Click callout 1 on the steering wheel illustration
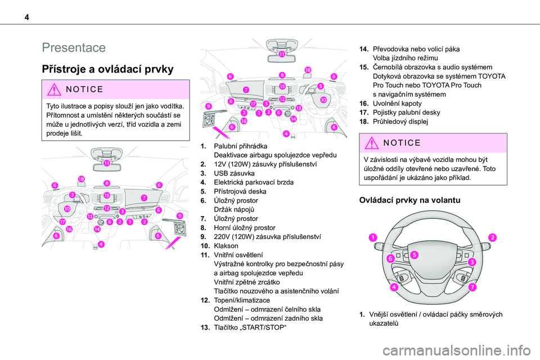(372, 238)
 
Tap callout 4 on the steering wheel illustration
(395, 287)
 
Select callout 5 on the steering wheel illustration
(413, 255)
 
